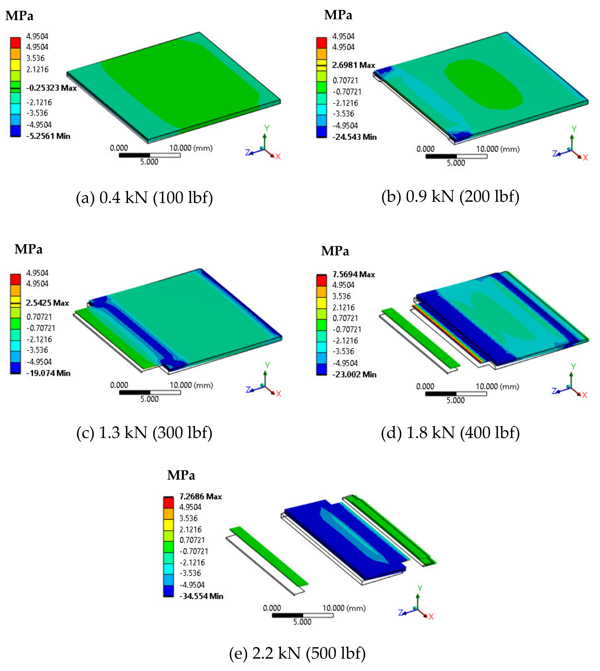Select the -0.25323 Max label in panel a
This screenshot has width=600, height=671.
pos(51,88)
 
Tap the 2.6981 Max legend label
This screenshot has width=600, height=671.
pos(353,65)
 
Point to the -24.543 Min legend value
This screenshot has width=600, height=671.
pos(354,137)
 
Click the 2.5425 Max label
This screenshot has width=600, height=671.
pos(48,303)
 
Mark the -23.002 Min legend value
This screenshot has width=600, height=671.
pos(354,374)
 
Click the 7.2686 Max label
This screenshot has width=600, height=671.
pos(200,496)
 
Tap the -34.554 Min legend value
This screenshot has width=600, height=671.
pos(201,596)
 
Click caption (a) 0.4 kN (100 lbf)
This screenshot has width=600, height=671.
pos(144,198)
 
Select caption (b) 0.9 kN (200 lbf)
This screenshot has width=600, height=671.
pos(450,197)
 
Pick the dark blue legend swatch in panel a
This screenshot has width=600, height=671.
pos(15,131)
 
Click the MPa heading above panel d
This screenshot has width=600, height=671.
pos(335,251)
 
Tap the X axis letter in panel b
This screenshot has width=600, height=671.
pos(585,158)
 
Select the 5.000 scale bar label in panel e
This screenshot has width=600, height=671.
pos(302,622)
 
